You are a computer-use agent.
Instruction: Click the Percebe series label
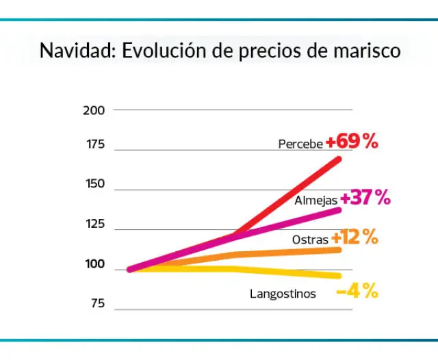(300, 144)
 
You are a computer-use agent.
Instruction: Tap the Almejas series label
(315, 201)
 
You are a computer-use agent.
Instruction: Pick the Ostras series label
(310, 240)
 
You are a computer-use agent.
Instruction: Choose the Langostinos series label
(283, 294)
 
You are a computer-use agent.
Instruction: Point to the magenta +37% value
(365, 198)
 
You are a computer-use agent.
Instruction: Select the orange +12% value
(355, 237)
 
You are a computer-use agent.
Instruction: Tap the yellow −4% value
(357, 291)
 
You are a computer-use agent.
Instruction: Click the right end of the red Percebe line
(338, 159)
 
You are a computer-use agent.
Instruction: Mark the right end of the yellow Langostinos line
(338, 276)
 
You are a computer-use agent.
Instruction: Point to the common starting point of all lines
(130, 269)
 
